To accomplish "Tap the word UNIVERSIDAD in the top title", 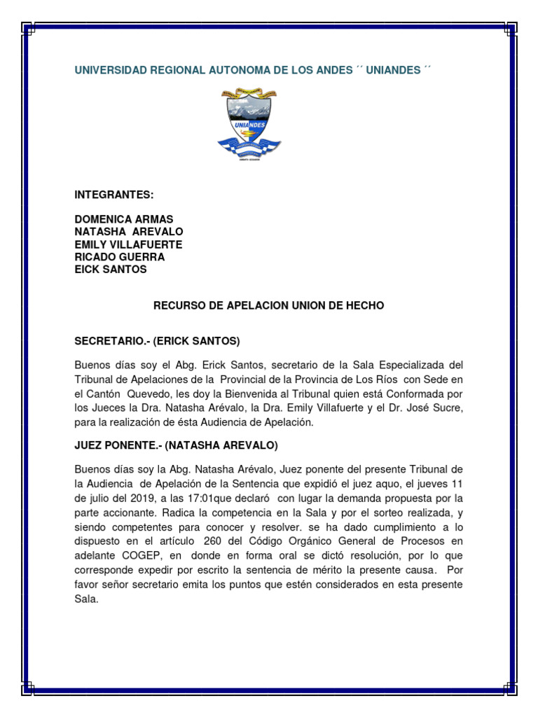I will coord(109,71).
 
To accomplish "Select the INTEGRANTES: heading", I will coord(114,194).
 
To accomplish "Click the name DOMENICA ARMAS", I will coord(124,220).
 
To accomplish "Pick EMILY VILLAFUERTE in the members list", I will coord(128,244).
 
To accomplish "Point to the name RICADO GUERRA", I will coord(120,257).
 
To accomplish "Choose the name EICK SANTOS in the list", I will coord(111,270).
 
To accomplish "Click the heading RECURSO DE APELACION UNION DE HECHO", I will coord(269,306).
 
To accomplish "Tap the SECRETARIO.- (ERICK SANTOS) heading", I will coord(157,341).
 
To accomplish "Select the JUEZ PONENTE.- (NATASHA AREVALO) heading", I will coord(176,445).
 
